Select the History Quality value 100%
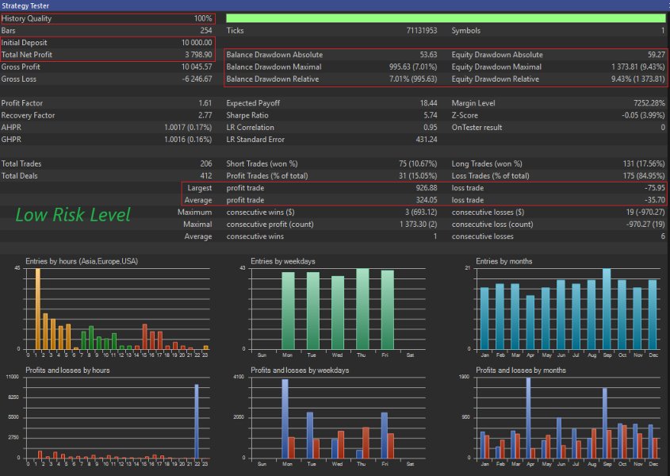click(x=203, y=18)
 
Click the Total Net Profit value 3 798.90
click(x=195, y=55)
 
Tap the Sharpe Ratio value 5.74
click(x=428, y=115)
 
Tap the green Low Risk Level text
click(x=73, y=215)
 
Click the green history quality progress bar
click(x=445, y=18)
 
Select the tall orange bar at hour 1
click(x=36, y=309)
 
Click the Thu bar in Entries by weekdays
click(x=363, y=309)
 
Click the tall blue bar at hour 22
click(x=196, y=421)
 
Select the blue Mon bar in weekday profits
click(x=285, y=419)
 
